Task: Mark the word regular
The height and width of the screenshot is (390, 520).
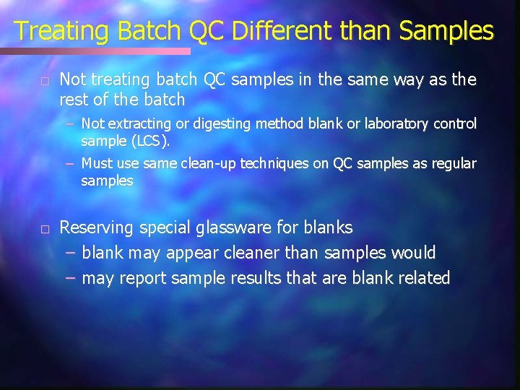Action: pyautogui.click(x=453, y=164)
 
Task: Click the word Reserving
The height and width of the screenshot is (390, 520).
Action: pyautogui.click(x=96, y=228)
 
